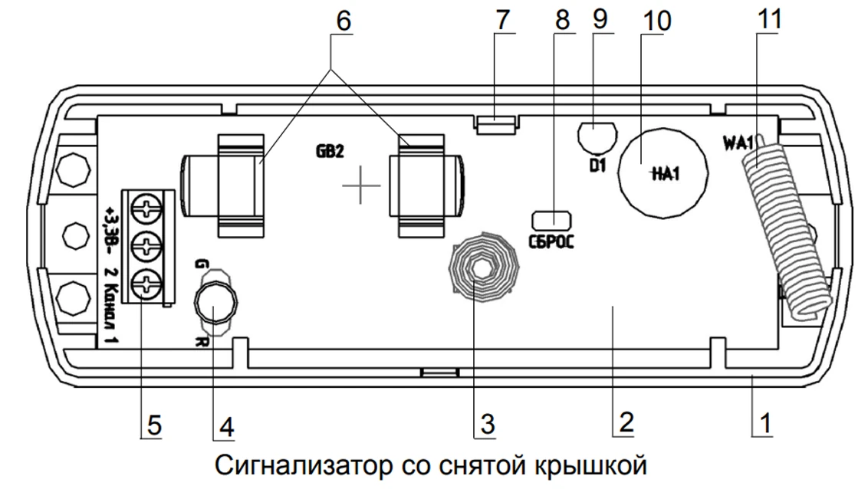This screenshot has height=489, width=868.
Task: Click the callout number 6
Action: [x=343, y=21]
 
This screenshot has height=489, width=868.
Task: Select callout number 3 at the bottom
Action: [x=485, y=424]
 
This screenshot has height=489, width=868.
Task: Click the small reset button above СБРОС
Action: [x=549, y=219]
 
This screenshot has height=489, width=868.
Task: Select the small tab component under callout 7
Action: [x=497, y=123]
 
